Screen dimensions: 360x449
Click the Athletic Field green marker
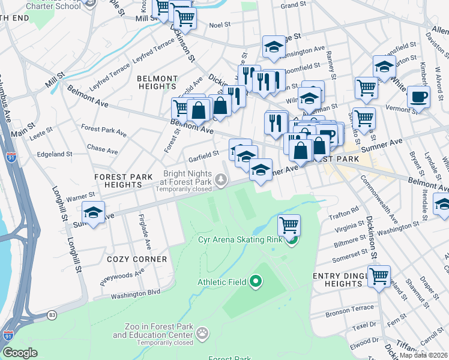(x=256, y=280)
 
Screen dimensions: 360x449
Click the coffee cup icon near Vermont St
(x=418, y=97)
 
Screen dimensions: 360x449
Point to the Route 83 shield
(x=52, y=314)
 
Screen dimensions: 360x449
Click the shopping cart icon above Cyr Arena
(x=289, y=226)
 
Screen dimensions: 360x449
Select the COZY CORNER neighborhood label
(x=137, y=259)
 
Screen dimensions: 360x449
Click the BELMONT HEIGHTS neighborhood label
(x=157, y=83)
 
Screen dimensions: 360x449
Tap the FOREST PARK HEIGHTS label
(x=122, y=181)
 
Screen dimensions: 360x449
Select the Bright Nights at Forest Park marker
(x=222, y=179)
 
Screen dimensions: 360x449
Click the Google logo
(x=20, y=353)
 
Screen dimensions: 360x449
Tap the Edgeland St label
(x=55, y=154)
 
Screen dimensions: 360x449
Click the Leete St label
(x=41, y=136)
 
